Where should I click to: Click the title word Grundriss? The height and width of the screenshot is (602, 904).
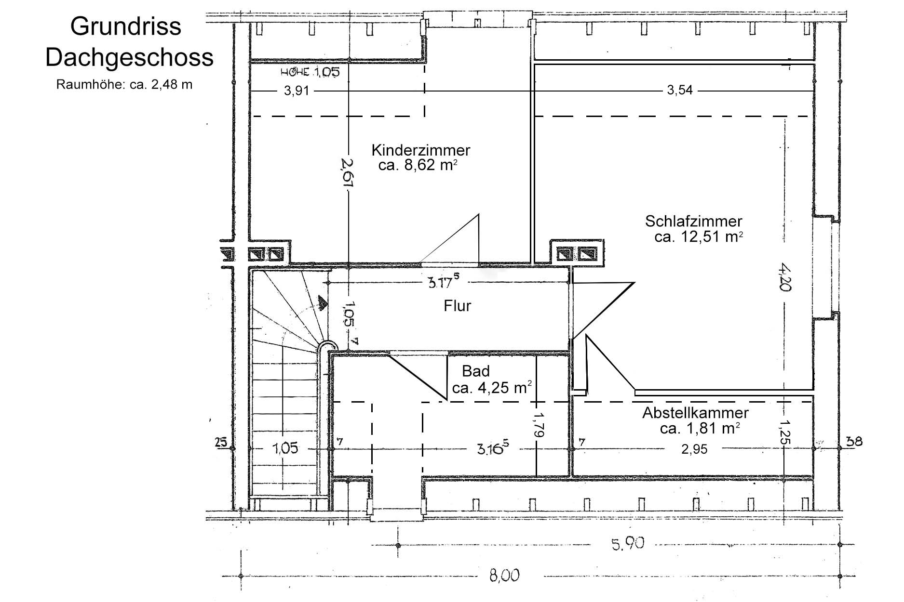click(125, 27)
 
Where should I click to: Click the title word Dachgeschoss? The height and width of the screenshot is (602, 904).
click(129, 58)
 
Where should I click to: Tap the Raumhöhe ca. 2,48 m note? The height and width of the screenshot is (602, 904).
click(124, 85)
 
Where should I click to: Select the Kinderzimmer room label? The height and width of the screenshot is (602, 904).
click(421, 150)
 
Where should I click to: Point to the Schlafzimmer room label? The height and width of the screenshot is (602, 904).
click(694, 221)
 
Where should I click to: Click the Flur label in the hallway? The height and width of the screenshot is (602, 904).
click(457, 306)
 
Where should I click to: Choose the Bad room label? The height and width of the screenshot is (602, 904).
click(476, 371)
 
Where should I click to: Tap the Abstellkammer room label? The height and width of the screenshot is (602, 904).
click(695, 413)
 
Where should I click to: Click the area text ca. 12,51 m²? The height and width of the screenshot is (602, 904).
click(699, 236)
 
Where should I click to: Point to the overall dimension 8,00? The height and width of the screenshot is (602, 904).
click(505, 576)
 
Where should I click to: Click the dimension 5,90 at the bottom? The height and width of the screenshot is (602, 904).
click(627, 544)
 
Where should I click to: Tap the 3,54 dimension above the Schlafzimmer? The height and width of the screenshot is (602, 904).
click(680, 90)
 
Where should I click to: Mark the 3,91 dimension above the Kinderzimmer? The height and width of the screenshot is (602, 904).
click(296, 91)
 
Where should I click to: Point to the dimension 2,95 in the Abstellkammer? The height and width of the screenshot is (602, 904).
click(694, 449)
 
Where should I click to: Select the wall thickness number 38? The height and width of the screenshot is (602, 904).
click(855, 441)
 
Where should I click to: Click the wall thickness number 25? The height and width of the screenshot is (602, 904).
click(221, 442)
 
